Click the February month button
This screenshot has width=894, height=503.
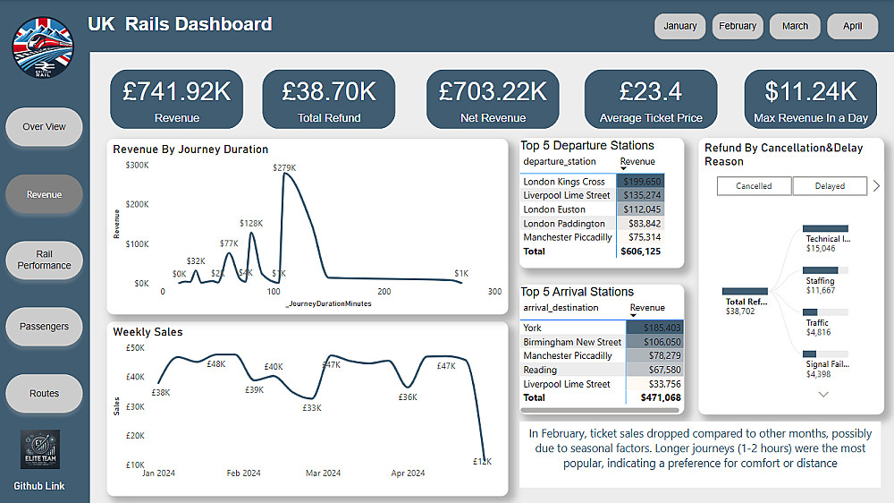(x=738, y=26)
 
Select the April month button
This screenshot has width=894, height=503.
(x=852, y=26)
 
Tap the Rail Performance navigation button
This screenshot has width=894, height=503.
(x=44, y=260)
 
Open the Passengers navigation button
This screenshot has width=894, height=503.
(x=44, y=327)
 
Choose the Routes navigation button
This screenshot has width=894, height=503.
(x=44, y=393)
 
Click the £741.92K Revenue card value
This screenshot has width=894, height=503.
(x=176, y=91)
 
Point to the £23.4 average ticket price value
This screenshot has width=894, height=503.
(x=650, y=91)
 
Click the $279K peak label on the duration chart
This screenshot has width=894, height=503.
(x=284, y=167)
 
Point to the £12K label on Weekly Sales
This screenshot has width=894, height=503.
(x=482, y=461)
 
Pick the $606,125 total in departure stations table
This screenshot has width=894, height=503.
(x=641, y=251)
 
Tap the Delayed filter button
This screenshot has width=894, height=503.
(x=830, y=186)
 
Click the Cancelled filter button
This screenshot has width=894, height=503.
(x=754, y=186)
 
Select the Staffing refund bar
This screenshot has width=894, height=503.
(x=826, y=269)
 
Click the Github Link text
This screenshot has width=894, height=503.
(x=39, y=486)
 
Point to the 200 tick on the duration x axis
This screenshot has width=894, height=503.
(x=384, y=292)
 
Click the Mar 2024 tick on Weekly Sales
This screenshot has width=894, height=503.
(x=323, y=473)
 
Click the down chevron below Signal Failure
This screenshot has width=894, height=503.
(x=823, y=394)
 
